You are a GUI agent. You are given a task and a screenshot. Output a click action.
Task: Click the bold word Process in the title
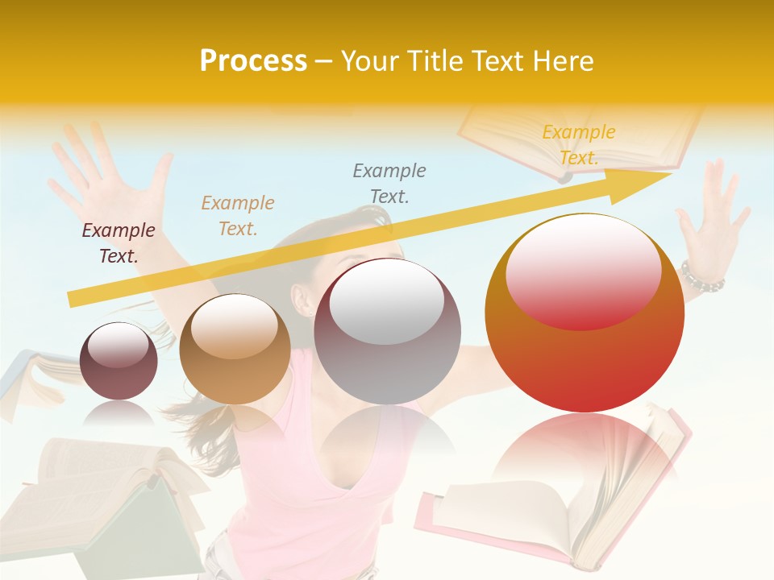[x=253, y=61]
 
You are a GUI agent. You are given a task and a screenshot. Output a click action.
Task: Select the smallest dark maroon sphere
[x=119, y=361]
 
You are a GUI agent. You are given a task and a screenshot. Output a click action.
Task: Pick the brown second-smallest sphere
[x=235, y=349]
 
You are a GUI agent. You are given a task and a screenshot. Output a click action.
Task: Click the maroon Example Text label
[x=119, y=243]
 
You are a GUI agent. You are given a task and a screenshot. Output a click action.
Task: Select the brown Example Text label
[x=238, y=216]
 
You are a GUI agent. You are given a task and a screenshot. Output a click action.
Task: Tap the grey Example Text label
[x=389, y=183]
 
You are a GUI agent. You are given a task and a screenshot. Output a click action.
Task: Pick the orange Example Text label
[x=579, y=145]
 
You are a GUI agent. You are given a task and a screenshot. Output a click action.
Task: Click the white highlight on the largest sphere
[x=583, y=258]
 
